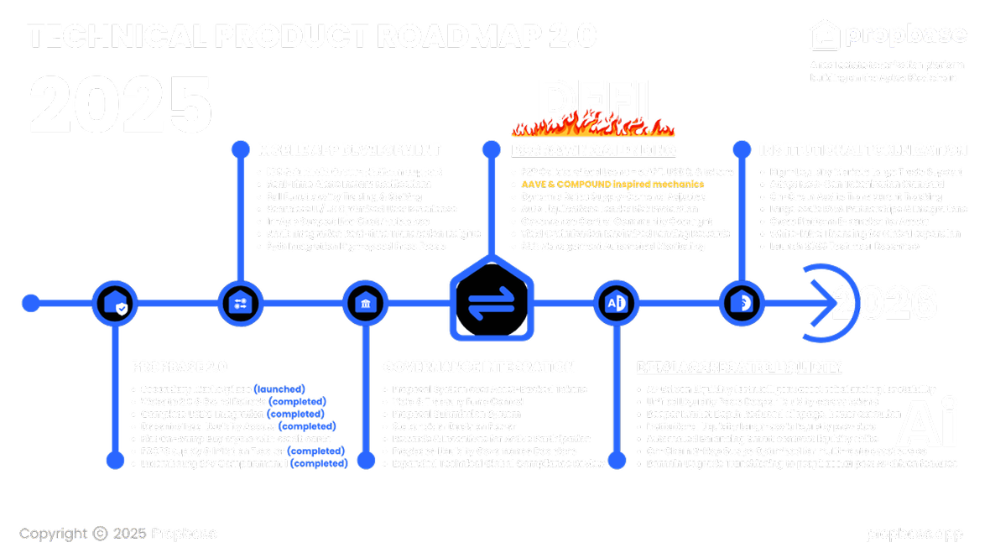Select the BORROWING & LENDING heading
(594, 150)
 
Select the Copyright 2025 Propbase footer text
(118, 534)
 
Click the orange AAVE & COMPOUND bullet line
(612, 183)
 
